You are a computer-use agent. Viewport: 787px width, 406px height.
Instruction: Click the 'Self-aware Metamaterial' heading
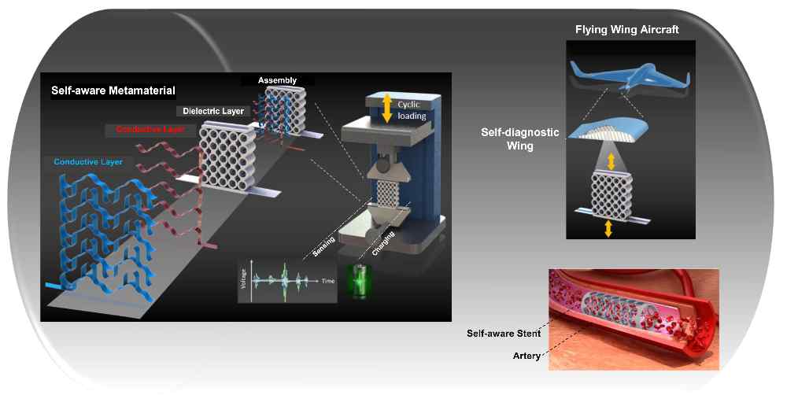pos(109,90)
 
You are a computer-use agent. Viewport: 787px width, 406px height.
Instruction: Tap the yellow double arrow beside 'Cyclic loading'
pos(386,107)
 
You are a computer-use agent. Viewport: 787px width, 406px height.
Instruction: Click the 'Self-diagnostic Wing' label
pos(520,138)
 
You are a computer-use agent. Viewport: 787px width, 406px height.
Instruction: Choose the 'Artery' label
pos(526,356)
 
